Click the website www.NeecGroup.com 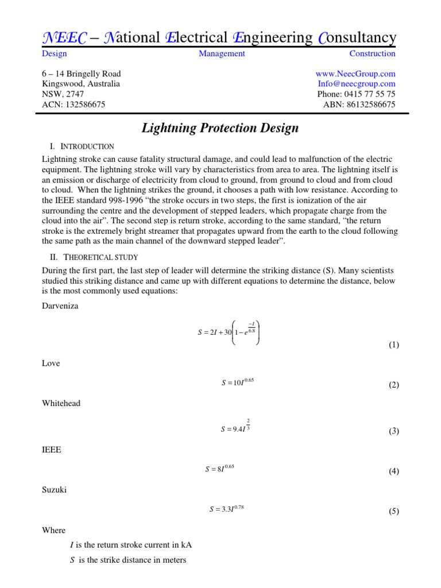[355, 73]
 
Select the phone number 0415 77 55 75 [356, 94]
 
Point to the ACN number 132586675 [82, 105]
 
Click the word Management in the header [222, 53]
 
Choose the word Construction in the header [372, 53]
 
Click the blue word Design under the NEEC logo [55, 53]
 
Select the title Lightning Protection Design [220, 127]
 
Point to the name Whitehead [61, 403]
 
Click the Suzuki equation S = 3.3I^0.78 [230, 508]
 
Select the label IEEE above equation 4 [51, 451]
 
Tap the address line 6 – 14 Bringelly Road [82, 73]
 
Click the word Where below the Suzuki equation [54, 530]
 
